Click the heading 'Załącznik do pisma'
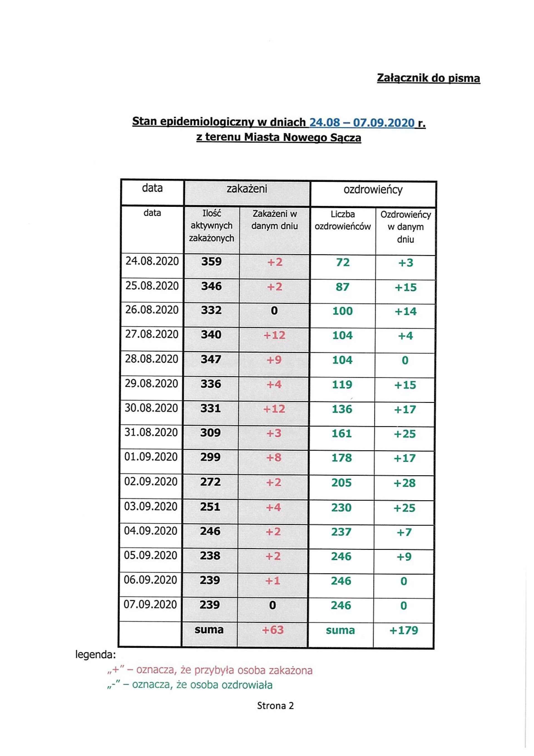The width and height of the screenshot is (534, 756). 428,78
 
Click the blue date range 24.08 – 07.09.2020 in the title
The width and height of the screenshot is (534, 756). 362,122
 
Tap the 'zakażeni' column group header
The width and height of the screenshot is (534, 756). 247,189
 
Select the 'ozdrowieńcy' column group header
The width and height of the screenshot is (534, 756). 373,190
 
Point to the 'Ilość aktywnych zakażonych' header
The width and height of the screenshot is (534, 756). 211,226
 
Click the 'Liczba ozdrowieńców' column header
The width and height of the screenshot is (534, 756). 342,221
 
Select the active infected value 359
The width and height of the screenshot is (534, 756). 211,262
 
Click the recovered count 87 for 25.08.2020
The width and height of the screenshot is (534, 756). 342,287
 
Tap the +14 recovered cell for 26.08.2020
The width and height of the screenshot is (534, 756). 406,311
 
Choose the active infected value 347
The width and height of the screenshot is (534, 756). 211,359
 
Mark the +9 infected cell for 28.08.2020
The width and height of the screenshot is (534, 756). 274,359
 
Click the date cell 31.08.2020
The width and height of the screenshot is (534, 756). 151,432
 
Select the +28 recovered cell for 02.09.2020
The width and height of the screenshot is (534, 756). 405,483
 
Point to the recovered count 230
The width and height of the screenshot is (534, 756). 342,508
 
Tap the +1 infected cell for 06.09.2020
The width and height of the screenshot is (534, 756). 273,580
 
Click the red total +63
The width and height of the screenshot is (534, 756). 273,630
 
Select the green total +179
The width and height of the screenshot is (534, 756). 404,630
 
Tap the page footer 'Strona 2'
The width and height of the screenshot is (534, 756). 275,706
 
